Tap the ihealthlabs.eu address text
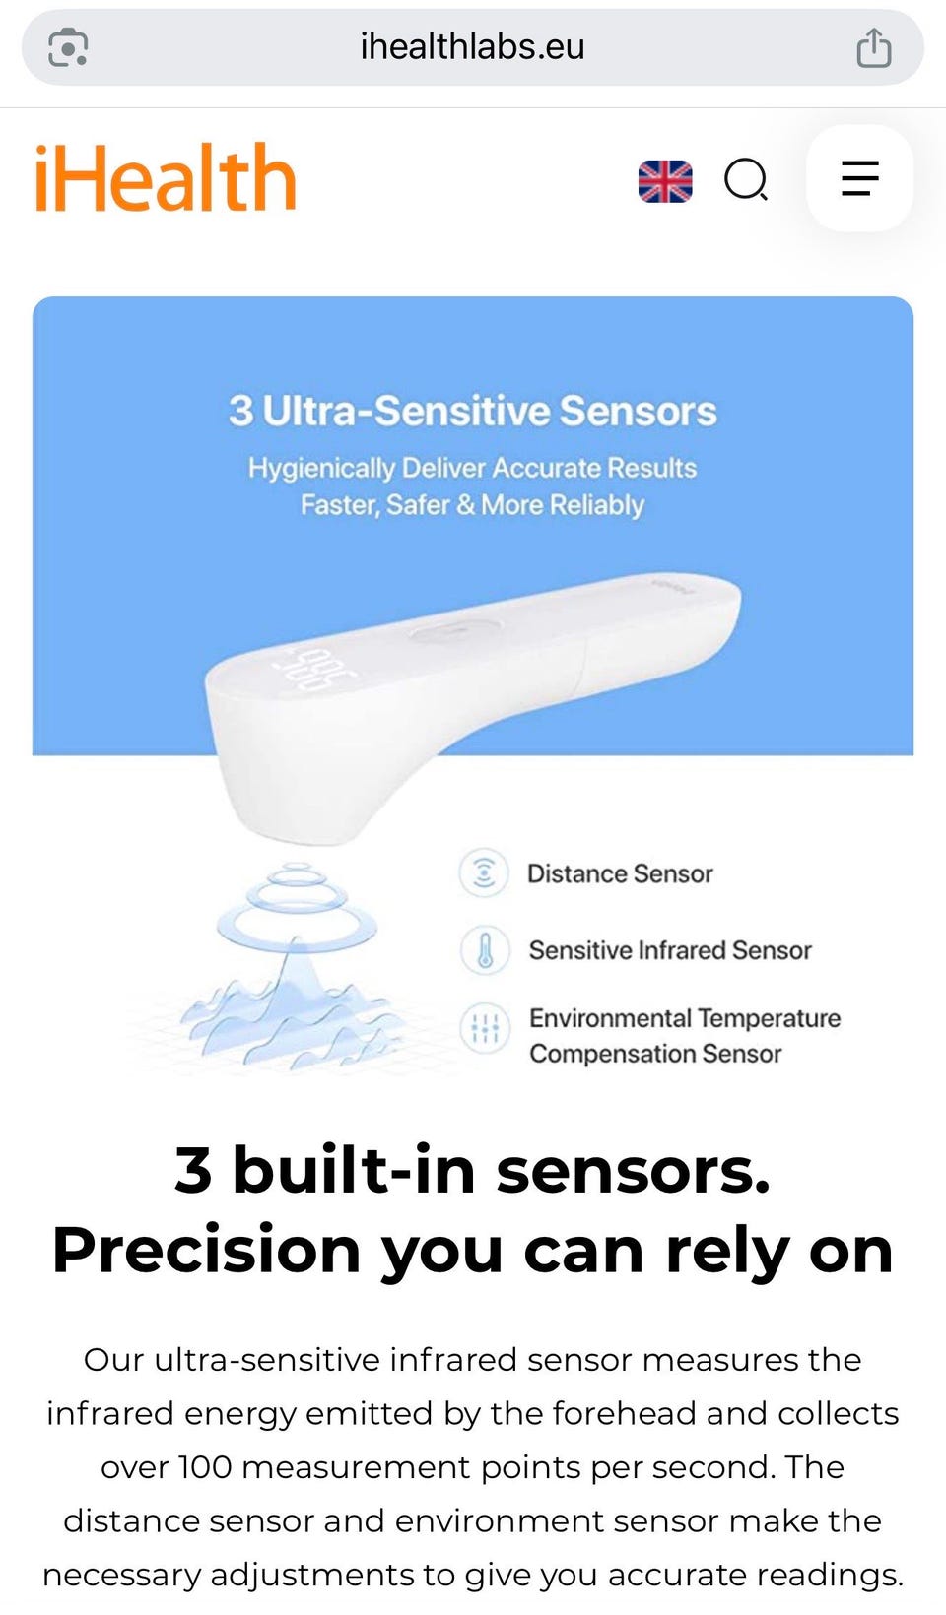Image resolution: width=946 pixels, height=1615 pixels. [473, 47]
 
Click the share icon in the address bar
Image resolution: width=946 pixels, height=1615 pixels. [874, 47]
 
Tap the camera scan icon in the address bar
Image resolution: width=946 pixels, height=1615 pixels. [68, 47]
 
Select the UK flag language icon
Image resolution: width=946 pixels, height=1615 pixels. [665, 181]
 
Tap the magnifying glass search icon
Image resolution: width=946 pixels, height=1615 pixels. [746, 179]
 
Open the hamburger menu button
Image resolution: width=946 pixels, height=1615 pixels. [860, 178]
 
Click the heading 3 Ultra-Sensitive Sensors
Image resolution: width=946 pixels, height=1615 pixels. [473, 411]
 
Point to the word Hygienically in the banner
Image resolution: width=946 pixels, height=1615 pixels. [321, 468]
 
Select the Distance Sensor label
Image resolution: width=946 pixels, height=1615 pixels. [620, 873]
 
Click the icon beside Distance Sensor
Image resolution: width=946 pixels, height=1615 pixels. [484, 873]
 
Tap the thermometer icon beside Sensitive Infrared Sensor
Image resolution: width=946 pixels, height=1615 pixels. [485, 949]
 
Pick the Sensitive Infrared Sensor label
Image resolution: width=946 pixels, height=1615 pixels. [670, 950]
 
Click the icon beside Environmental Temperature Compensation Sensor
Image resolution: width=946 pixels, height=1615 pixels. [485, 1027]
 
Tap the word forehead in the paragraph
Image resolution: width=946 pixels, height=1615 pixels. [624, 1413]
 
